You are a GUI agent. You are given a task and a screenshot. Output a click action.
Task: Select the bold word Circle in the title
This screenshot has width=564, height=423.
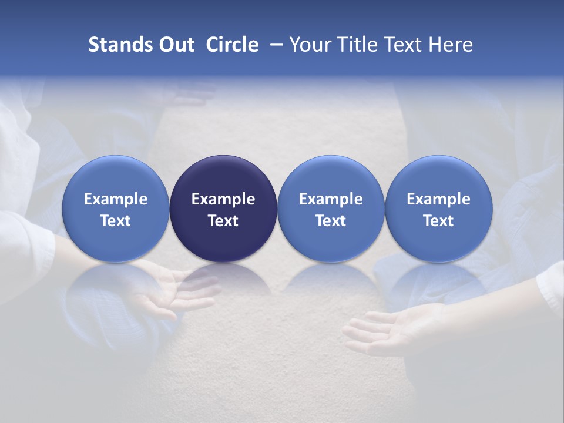click(x=232, y=45)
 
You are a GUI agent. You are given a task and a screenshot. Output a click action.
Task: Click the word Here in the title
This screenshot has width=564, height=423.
click(x=450, y=45)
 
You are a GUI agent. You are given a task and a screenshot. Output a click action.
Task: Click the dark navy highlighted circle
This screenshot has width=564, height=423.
click(x=223, y=209)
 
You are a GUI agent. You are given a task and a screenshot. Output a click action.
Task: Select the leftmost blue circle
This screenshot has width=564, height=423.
click(x=116, y=209)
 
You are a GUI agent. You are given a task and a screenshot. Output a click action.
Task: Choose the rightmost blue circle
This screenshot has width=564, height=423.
click(x=438, y=209)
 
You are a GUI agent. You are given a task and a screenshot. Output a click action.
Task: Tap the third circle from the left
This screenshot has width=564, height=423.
click(x=331, y=209)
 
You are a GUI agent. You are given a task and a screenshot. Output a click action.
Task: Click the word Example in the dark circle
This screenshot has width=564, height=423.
click(x=223, y=199)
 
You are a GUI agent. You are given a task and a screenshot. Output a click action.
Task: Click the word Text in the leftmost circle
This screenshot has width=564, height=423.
click(x=116, y=221)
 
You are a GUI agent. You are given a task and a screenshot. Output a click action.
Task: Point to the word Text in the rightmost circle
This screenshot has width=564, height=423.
click(x=438, y=221)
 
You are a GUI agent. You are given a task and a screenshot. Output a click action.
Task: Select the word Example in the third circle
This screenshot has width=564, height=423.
click(x=331, y=199)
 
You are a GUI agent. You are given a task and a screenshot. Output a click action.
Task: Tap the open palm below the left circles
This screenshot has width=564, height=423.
click(x=170, y=291)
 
